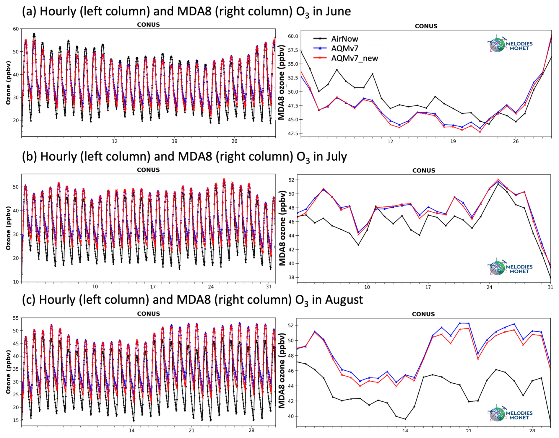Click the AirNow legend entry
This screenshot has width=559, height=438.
(x=344, y=39)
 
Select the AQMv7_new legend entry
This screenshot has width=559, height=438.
(x=354, y=58)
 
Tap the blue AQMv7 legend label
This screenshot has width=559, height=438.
(x=344, y=48)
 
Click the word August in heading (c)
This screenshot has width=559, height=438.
(x=344, y=300)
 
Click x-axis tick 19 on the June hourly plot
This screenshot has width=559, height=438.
(x=175, y=141)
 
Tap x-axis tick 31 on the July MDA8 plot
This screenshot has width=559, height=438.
(x=550, y=287)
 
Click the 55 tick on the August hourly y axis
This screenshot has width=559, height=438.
(x=16, y=318)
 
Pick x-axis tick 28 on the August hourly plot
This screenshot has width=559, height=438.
(x=251, y=430)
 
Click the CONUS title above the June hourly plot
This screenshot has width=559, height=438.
(x=148, y=25)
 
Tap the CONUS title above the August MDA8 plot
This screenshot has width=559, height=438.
(x=423, y=314)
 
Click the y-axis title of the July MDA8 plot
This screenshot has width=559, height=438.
(x=282, y=228)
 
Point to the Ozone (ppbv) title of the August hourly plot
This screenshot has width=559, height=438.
(x=8, y=372)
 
